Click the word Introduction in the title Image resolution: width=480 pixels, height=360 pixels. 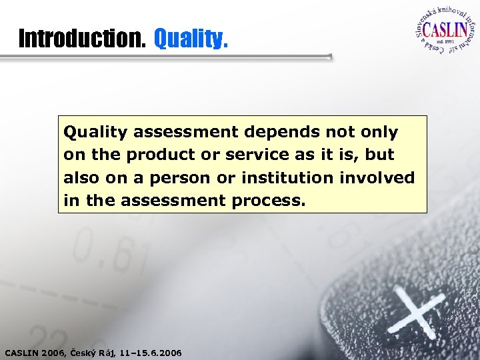pyautogui.click(x=82, y=39)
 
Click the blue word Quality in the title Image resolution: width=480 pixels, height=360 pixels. pyautogui.click(x=191, y=39)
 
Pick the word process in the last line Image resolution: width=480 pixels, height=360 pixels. pyautogui.click(x=271, y=201)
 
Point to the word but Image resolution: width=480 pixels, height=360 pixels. pyautogui.click(x=381, y=155)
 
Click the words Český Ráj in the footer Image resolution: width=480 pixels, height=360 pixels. pyautogui.click(x=97, y=351)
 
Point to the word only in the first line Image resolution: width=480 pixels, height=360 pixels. pyautogui.click(x=377, y=133)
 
